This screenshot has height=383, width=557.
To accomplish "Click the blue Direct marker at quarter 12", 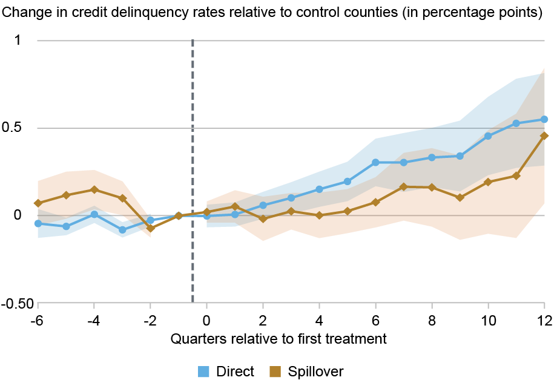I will (544, 119).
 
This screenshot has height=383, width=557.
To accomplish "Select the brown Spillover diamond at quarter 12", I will (544, 136).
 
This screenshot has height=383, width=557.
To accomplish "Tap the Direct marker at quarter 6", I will (375, 162).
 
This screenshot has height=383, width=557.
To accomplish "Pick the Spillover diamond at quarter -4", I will (94, 189).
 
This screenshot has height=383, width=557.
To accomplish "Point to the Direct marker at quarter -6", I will (38, 223).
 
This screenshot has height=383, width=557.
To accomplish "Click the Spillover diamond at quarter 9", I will (460, 197).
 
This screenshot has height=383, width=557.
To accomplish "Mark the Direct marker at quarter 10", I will (488, 136).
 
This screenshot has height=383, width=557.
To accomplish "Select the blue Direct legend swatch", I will (204, 371).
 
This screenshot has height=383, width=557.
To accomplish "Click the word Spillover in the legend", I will (316, 371).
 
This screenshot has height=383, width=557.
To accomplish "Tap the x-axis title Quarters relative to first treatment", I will (278, 338).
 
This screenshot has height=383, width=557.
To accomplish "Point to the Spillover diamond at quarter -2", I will (150, 228).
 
